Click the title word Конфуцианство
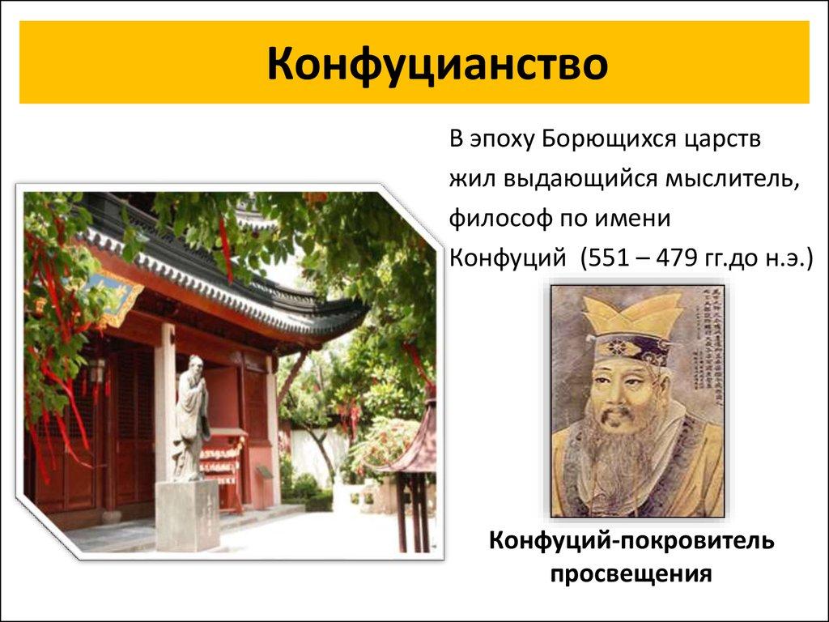point(438,64)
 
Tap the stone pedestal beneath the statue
point(187,514)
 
